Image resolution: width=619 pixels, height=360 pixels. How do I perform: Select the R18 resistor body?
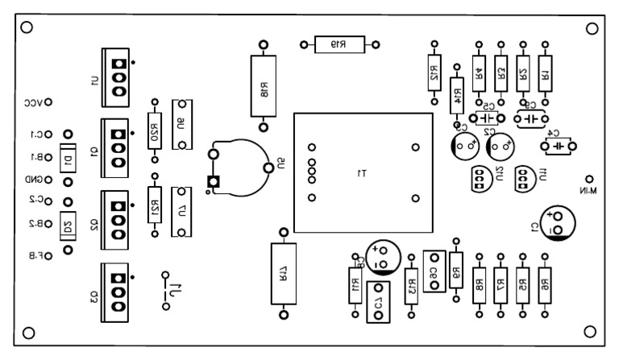[263, 85]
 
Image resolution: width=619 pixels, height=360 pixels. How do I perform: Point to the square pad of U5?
[214, 181]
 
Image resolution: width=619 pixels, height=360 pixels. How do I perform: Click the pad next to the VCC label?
[48, 102]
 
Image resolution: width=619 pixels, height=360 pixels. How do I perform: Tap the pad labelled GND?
[48, 180]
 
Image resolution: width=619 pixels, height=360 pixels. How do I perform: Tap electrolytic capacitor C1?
[556, 223]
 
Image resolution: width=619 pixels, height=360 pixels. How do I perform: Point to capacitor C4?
[557, 146]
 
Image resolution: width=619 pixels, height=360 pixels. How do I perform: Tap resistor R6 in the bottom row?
[546, 283]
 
